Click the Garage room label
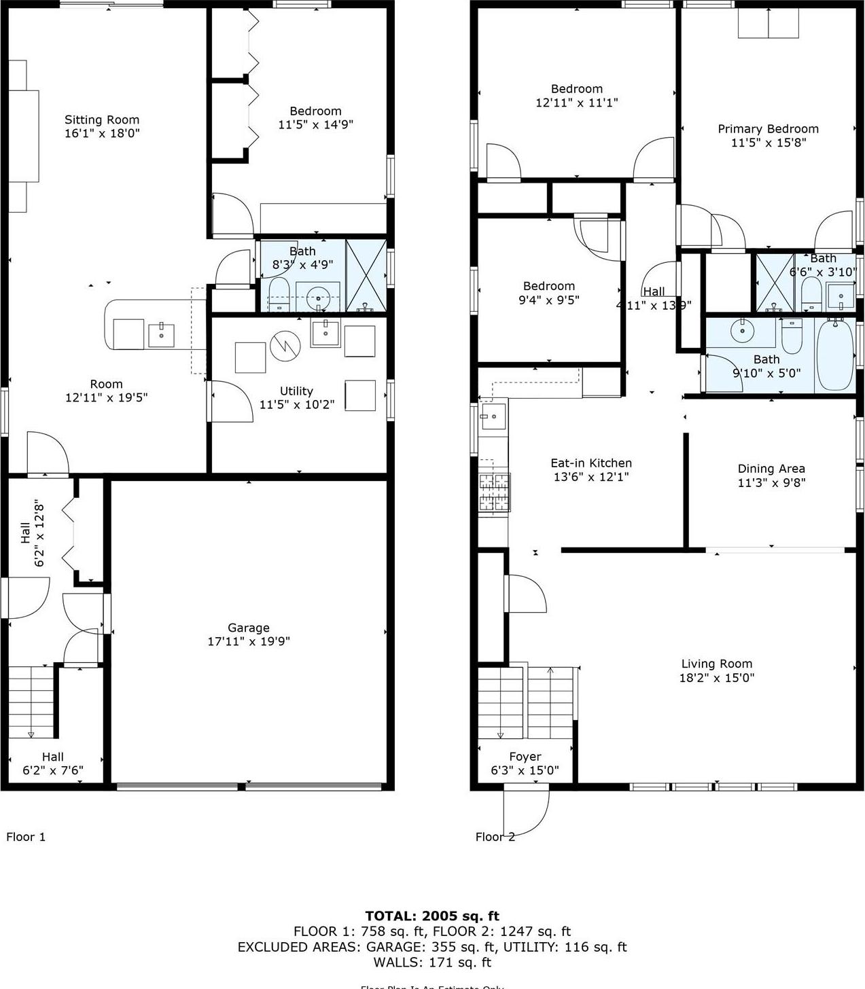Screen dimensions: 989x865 click(x=249, y=628)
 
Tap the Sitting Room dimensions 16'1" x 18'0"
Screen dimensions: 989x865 click(x=102, y=134)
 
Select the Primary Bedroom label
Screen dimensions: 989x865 click(x=768, y=129)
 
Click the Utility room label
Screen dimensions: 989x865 click(x=296, y=391)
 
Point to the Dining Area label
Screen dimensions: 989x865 click(x=771, y=469)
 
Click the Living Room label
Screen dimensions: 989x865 click(x=717, y=664)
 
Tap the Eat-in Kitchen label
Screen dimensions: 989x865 click(x=591, y=463)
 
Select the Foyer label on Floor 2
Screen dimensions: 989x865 click(x=525, y=757)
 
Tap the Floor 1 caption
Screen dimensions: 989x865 click(x=26, y=837)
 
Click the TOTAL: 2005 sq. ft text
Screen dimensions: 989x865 click(x=432, y=916)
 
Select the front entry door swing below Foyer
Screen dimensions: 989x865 click(x=527, y=812)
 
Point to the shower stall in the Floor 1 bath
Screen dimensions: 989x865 click(x=366, y=276)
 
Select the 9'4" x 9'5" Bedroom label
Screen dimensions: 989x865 click(x=549, y=286)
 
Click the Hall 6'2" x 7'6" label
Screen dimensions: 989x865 click(x=53, y=757)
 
